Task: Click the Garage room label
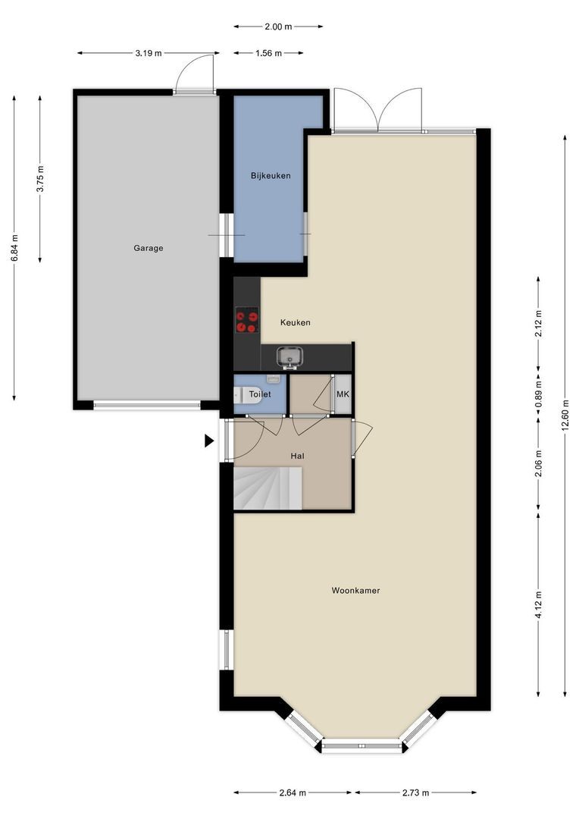149,248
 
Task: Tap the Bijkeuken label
271,175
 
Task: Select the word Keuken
296,322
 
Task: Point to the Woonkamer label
355,590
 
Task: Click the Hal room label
298,456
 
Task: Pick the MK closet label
343,394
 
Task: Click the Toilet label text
260,394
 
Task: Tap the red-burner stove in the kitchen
247,320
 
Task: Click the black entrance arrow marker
209,441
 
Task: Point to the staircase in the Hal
268,488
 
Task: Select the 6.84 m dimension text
14,248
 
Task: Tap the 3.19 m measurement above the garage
149,53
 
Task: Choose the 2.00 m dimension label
278,26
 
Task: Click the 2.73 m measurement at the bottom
415,792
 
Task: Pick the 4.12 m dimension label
538,604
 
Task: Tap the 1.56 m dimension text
268,53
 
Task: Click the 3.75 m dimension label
39,179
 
